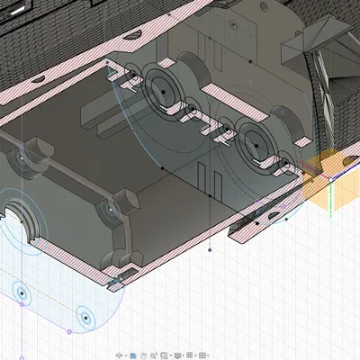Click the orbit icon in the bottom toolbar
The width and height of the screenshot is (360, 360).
pos(121,355)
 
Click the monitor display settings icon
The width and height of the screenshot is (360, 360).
pos(177,355)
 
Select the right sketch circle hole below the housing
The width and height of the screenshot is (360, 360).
pos(84,317)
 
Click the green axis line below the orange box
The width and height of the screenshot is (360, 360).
pos(331,202)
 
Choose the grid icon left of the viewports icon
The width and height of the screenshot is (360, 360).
pos(191,355)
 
